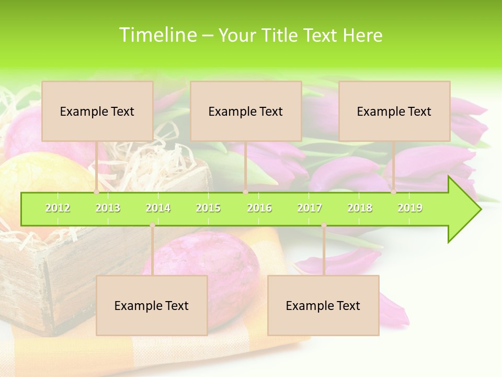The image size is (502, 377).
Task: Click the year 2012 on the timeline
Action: point(58,208)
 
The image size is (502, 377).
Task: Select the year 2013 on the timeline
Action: point(108,208)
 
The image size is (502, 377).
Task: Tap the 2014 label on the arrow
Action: point(158,208)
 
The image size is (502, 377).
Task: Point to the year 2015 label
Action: point(208,208)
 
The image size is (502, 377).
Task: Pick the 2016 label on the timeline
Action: point(259,208)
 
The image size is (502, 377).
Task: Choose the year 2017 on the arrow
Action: point(310,208)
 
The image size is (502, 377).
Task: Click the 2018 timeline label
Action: point(360,208)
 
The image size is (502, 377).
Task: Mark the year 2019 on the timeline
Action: point(410,208)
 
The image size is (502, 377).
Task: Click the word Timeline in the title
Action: point(156,35)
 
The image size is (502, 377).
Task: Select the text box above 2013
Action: point(97,111)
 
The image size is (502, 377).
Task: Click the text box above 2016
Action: point(246,111)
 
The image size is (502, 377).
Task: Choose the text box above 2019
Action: point(394,111)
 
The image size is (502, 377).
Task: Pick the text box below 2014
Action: point(152,305)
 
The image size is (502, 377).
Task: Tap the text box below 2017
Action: point(323,305)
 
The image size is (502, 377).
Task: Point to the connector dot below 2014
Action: point(152,225)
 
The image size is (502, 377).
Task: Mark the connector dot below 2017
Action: point(324,225)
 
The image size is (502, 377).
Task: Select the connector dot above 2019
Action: point(393,192)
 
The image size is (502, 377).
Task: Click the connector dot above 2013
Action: point(96,192)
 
